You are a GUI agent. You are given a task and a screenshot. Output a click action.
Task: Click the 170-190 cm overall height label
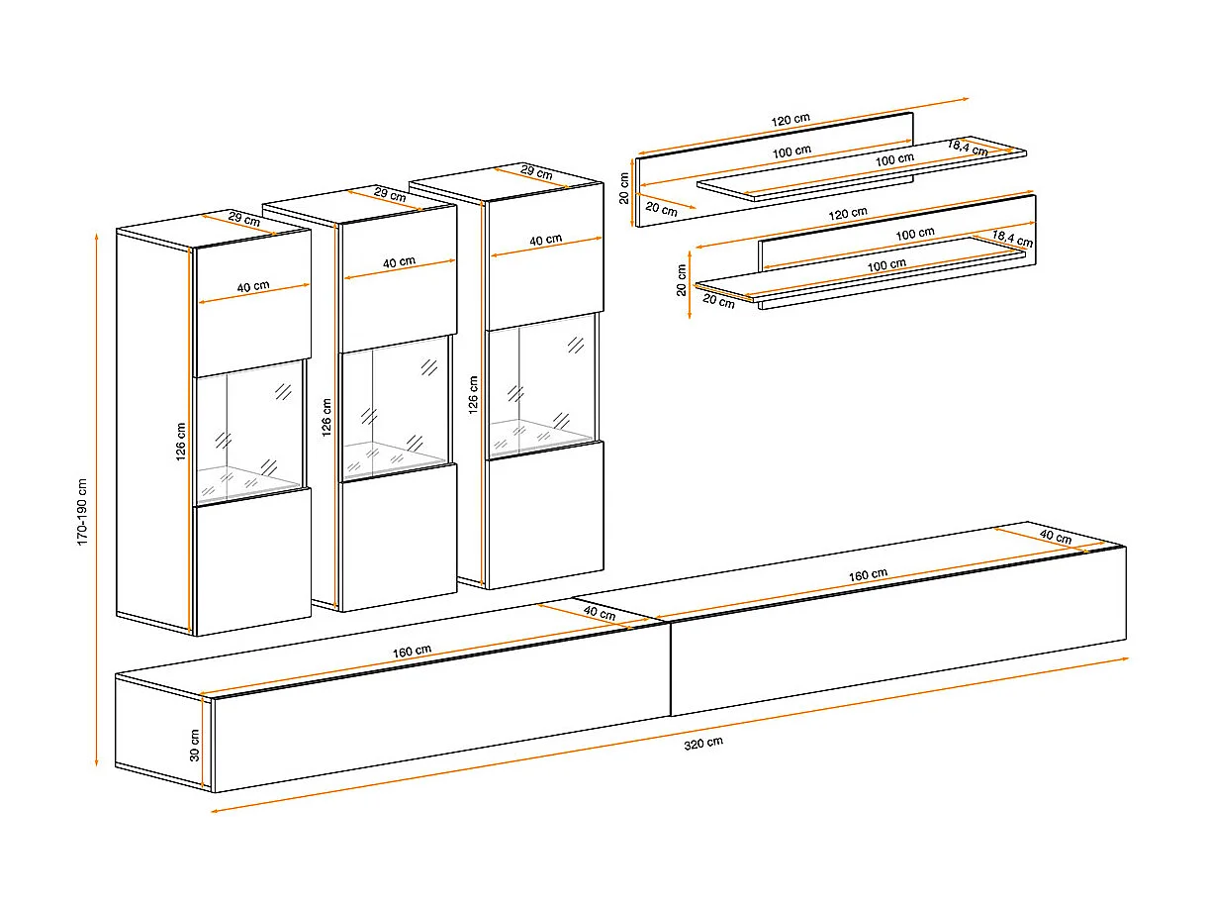point(82,512)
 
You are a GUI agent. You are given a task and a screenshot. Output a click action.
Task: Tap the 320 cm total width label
point(703,743)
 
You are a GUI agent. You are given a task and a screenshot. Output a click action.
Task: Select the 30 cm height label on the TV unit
point(195,746)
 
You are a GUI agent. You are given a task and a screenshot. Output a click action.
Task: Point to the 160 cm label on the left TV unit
point(412,652)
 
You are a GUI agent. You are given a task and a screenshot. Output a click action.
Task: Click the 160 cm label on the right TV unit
point(868,574)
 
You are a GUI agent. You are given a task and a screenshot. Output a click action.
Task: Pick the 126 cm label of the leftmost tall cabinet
point(181,442)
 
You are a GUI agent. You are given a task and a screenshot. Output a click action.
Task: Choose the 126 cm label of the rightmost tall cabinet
point(473,394)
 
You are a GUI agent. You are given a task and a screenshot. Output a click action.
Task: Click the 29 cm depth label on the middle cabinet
point(390,194)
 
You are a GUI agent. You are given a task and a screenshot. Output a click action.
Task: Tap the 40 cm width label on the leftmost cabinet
point(253,286)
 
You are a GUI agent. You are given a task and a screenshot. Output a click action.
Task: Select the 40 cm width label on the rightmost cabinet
point(546,240)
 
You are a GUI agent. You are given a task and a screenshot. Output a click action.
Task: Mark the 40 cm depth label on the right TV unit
point(1056,536)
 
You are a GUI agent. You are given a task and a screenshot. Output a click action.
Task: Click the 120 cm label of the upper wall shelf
point(790,120)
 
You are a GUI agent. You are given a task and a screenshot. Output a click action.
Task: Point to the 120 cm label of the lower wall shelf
point(848,213)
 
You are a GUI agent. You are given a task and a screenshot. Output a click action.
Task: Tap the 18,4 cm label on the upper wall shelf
point(968,148)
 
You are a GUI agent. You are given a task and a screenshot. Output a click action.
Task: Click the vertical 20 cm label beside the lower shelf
point(682,280)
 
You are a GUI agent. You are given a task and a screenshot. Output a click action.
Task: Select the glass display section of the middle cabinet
point(396,408)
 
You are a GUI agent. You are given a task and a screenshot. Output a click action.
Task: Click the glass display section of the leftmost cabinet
point(250,433)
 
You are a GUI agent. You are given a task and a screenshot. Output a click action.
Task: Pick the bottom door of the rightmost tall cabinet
point(545,514)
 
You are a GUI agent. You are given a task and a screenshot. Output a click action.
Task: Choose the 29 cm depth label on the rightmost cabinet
point(536,173)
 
